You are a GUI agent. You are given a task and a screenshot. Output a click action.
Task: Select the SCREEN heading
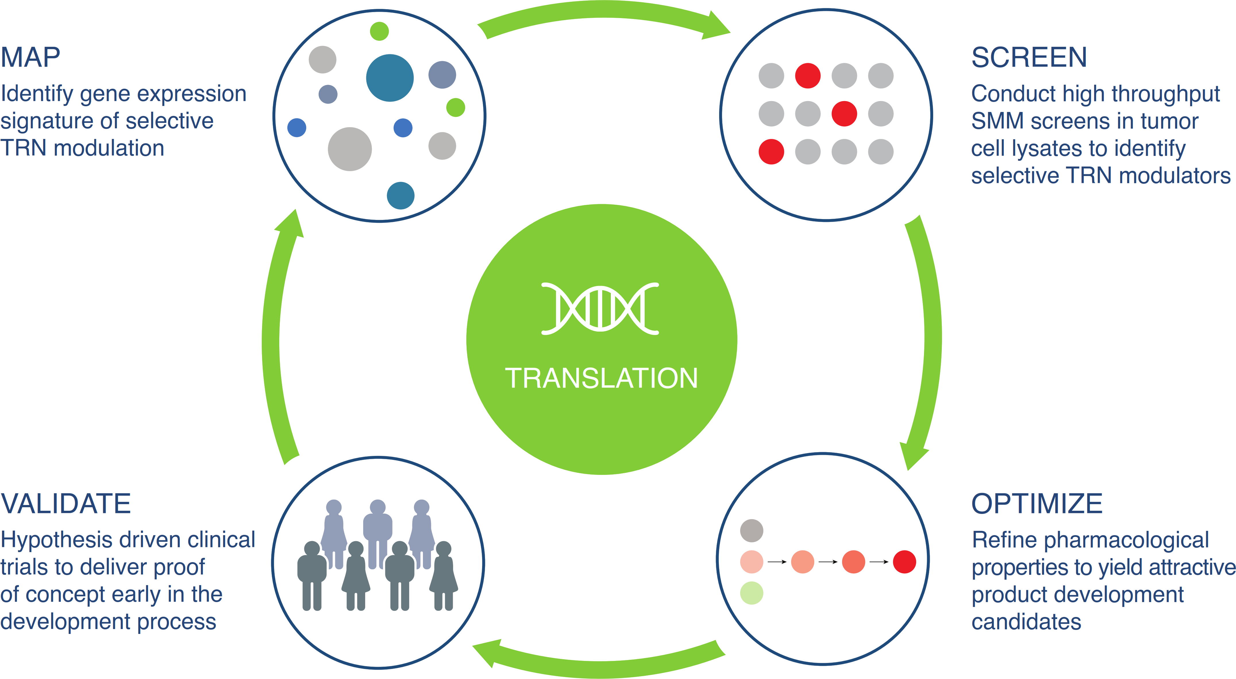coord(1029,57)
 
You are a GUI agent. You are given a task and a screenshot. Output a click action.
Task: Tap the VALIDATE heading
coord(66,504)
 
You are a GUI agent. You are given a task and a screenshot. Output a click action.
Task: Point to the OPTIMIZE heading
coord(1036,504)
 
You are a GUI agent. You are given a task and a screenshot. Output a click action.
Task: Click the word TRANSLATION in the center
coord(601,378)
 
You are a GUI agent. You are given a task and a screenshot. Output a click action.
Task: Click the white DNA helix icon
coord(600,308)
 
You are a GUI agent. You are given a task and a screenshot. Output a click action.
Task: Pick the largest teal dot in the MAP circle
coord(390,78)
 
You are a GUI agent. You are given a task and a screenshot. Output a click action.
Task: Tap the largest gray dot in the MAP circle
coord(349,149)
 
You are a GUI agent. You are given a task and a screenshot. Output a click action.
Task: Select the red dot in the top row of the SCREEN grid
coord(808,76)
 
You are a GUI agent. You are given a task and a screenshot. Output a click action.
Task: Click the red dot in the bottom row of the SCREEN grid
coord(771,152)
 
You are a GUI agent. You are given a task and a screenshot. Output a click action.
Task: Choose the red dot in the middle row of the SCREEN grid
coord(844,114)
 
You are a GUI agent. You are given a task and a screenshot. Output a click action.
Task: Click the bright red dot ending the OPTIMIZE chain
coord(904,562)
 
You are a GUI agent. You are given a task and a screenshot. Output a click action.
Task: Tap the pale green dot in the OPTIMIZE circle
coord(751,593)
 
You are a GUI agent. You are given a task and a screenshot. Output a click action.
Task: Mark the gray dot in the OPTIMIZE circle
coord(751,530)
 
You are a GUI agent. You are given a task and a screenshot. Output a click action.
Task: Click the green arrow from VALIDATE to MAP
coord(272,341)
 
